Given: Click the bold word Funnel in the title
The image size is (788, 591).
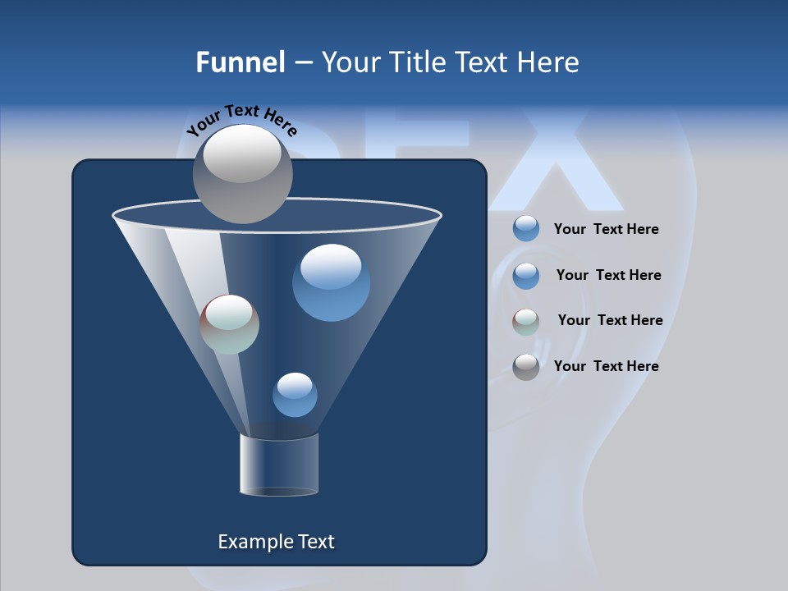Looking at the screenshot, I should click(240, 62).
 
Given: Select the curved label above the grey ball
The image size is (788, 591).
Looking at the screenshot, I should click(241, 120).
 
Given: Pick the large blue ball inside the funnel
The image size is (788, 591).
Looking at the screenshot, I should click(331, 283).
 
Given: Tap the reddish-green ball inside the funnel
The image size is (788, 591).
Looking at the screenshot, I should click(229, 324).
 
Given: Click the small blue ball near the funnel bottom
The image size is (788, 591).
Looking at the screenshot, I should click(295, 395).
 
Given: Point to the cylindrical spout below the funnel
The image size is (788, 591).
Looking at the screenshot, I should click(279, 465).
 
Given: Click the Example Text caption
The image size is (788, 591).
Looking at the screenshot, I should click(276, 542).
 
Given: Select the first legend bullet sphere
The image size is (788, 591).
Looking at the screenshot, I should click(526, 229).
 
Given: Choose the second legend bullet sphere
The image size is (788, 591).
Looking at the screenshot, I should click(526, 276).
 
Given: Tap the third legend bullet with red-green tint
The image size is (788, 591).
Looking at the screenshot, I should click(526, 322).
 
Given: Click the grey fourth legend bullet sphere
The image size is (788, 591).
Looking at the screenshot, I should click(526, 367).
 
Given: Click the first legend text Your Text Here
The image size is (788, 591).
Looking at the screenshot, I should click(606, 230).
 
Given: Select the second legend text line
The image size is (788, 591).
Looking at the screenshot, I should click(608, 275).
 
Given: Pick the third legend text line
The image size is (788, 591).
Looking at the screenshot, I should click(610, 320).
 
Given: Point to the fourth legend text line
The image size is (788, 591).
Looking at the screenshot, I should click(606, 366).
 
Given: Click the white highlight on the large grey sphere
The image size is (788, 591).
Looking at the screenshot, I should click(241, 154).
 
